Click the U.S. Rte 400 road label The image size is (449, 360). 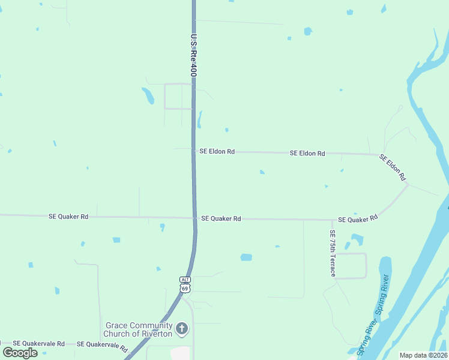coord(194,55)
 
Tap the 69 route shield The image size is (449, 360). coord(185,288)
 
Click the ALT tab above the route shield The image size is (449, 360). coord(185,280)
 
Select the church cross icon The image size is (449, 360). coord(182,329)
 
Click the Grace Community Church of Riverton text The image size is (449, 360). coord(138,329)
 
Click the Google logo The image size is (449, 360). coord(20,352)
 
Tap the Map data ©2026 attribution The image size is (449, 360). coord(423,355)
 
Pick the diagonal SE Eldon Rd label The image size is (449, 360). coord(393,167)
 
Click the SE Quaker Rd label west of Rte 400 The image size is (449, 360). coord(68,216)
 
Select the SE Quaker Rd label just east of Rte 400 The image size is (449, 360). coord(221,219)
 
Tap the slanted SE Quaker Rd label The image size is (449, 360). coord(358,219)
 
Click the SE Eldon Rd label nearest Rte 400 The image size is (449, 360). coord(217,152)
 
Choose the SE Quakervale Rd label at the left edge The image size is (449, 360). coord(38,344)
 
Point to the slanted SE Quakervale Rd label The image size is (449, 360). coord(107,346)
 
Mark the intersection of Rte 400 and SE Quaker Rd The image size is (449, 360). coord(194,218)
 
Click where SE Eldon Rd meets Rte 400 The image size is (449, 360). coord(193,151)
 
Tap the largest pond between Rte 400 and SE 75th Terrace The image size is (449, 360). coord(246,257)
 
